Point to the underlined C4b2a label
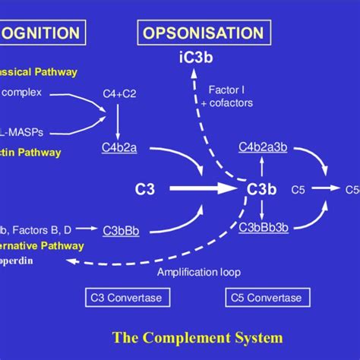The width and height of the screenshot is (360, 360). pos(119,148)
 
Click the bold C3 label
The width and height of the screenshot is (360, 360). pos(144,188)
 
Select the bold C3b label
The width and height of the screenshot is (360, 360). pos(261,188)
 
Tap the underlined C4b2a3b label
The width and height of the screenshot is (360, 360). pos(261,148)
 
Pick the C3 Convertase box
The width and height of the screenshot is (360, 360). pos(134,298)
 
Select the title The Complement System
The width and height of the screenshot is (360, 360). pos(197,336)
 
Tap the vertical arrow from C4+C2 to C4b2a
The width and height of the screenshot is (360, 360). pos(118,120)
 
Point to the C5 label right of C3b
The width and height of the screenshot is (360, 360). pos(298,188)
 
